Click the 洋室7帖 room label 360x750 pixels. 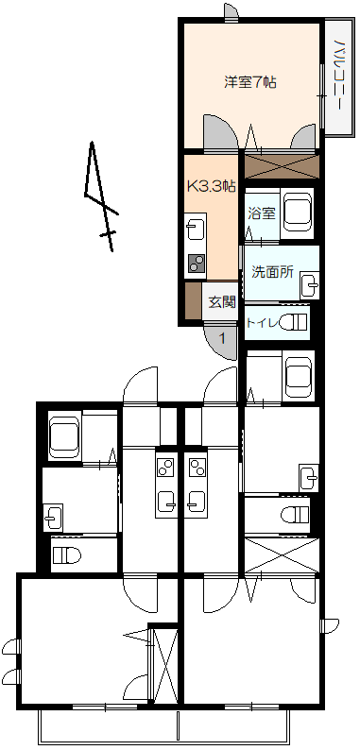[250, 82]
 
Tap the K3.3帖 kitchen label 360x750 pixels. [211, 186]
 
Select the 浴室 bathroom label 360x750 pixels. [262, 213]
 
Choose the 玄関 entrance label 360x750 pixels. [222, 302]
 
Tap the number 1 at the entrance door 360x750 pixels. [222, 339]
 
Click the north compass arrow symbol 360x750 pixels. [100, 196]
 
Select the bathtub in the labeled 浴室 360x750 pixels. [297, 213]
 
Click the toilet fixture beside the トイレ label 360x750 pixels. [293, 322]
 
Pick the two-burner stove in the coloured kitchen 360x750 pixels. [196, 263]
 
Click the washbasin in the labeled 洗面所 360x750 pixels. [309, 285]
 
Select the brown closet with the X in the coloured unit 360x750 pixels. [281, 166]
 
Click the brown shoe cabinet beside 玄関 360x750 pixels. [193, 301]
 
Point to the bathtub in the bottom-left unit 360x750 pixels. [64, 437]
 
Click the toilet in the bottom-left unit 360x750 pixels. [66, 555]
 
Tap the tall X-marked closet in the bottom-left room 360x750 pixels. [164, 665]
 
